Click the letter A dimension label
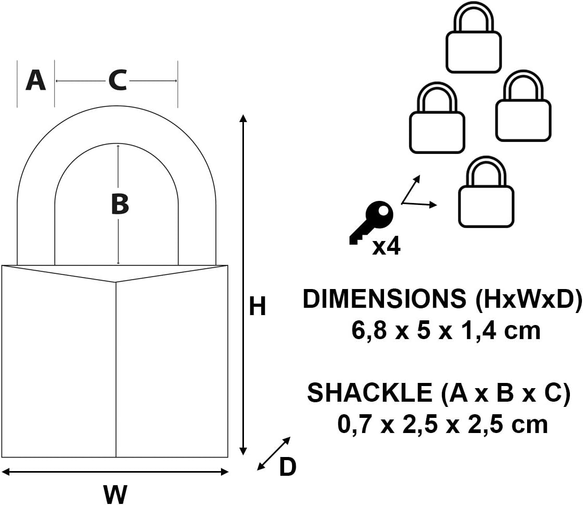tap(36, 80)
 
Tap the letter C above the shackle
tap(118, 80)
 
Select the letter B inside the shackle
tap(120, 204)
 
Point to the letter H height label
tap(258, 306)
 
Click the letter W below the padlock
tap(115, 494)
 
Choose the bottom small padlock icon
tap(486, 192)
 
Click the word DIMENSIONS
tap(384, 298)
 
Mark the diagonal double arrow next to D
tap(274, 453)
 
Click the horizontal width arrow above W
tap(115, 472)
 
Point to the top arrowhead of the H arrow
tap(243, 118)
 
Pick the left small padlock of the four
tap(437, 117)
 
